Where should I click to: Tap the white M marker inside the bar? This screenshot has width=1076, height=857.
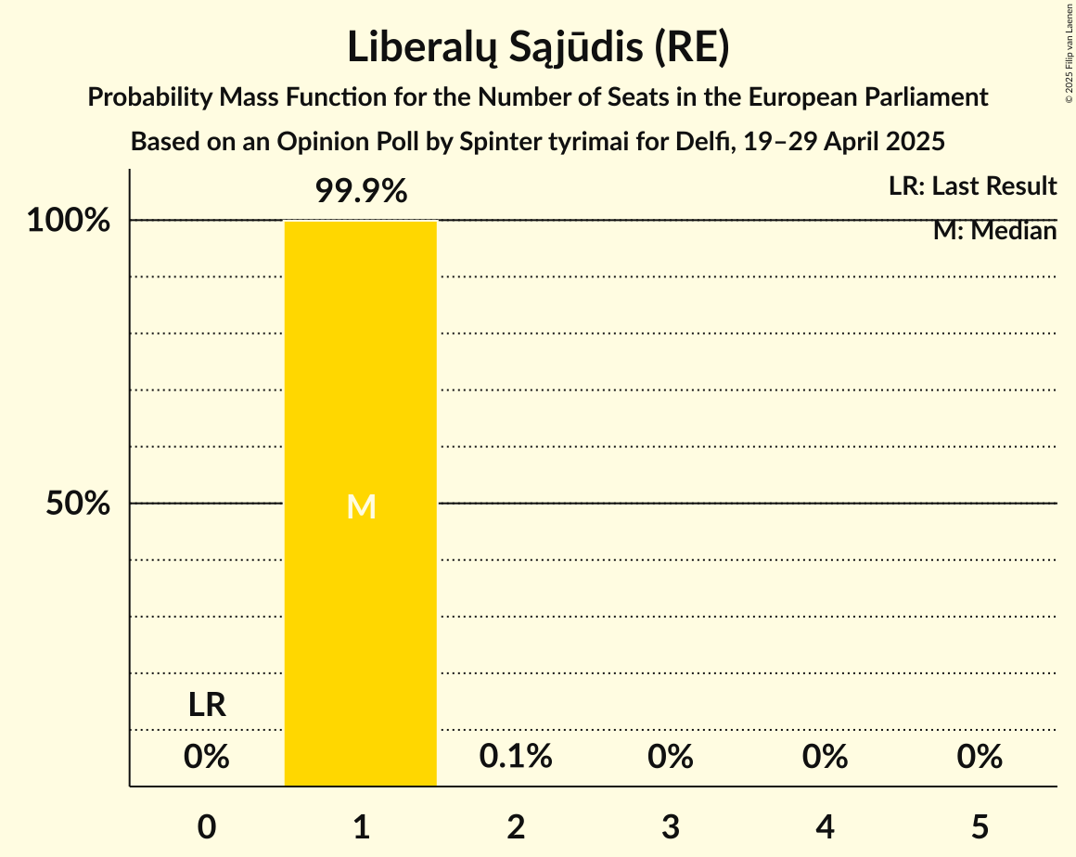tap(361, 506)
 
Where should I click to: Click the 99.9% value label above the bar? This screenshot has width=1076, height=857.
tap(361, 192)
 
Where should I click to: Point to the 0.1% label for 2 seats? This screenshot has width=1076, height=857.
tap(516, 757)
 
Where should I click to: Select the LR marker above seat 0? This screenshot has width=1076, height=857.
tap(207, 705)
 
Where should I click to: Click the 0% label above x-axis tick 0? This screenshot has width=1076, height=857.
tap(207, 757)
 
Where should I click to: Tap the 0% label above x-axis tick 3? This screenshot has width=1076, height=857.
tap(671, 757)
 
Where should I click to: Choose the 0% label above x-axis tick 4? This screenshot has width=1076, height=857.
tap(826, 757)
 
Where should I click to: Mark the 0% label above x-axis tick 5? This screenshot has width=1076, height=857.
tap(980, 757)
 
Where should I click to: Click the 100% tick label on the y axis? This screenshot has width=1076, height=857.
tap(69, 221)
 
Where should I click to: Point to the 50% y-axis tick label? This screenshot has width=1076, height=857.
tap(79, 504)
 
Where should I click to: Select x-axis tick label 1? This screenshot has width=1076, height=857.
tap(361, 826)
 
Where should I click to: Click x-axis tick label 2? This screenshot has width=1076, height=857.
tap(516, 826)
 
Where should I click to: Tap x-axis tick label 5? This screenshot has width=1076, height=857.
tap(980, 826)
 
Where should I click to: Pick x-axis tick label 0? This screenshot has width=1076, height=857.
tap(207, 826)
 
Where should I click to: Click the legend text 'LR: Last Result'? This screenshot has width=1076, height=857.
tap(972, 186)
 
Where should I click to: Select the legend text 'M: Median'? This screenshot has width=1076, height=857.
tap(994, 231)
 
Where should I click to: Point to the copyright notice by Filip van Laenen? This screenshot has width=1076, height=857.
tap(1069, 53)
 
